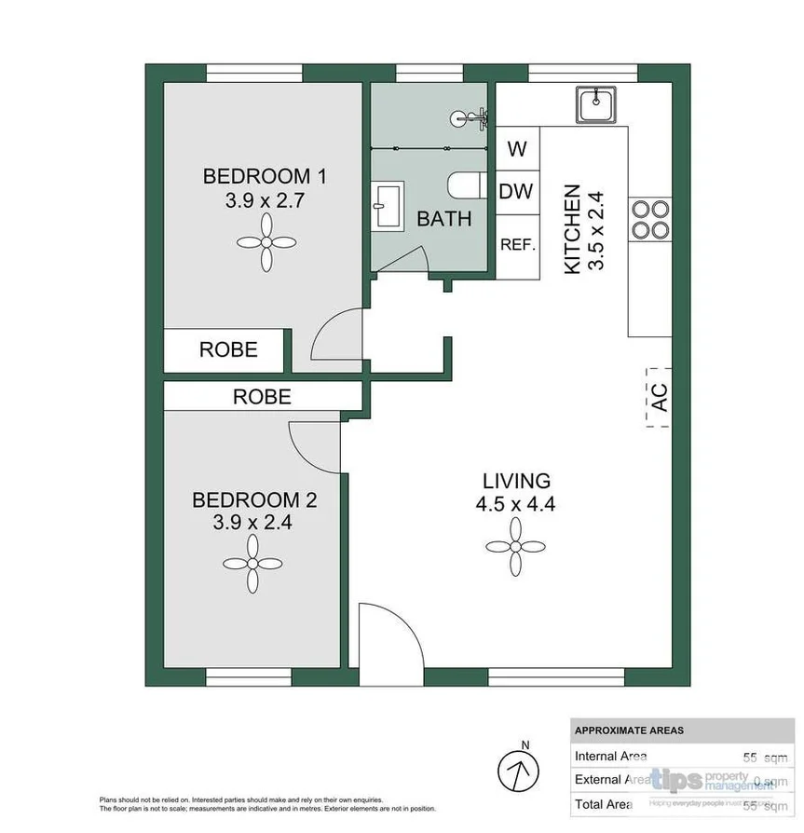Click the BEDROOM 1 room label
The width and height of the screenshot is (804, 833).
[x=266, y=186]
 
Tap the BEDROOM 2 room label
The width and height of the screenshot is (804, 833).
[x=254, y=511]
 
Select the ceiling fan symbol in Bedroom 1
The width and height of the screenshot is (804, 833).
[x=266, y=242]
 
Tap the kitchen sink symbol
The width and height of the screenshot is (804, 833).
[x=593, y=103]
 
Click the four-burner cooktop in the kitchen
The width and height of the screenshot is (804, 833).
[x=649, y=220]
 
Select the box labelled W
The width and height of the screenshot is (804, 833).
[x=518, y=149]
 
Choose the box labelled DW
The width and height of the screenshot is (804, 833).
[x=517, y=193]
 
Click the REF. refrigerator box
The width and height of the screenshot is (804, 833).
[x=517, y=245]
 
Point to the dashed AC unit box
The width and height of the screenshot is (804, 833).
[x=659, y=393]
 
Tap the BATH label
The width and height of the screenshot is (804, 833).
[x=443, y=220]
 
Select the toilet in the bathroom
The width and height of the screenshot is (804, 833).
[x=465, y=185]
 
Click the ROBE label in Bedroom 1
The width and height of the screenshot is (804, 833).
[x=228, y=349]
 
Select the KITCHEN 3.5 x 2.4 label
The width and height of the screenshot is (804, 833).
[x=584, y=228]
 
